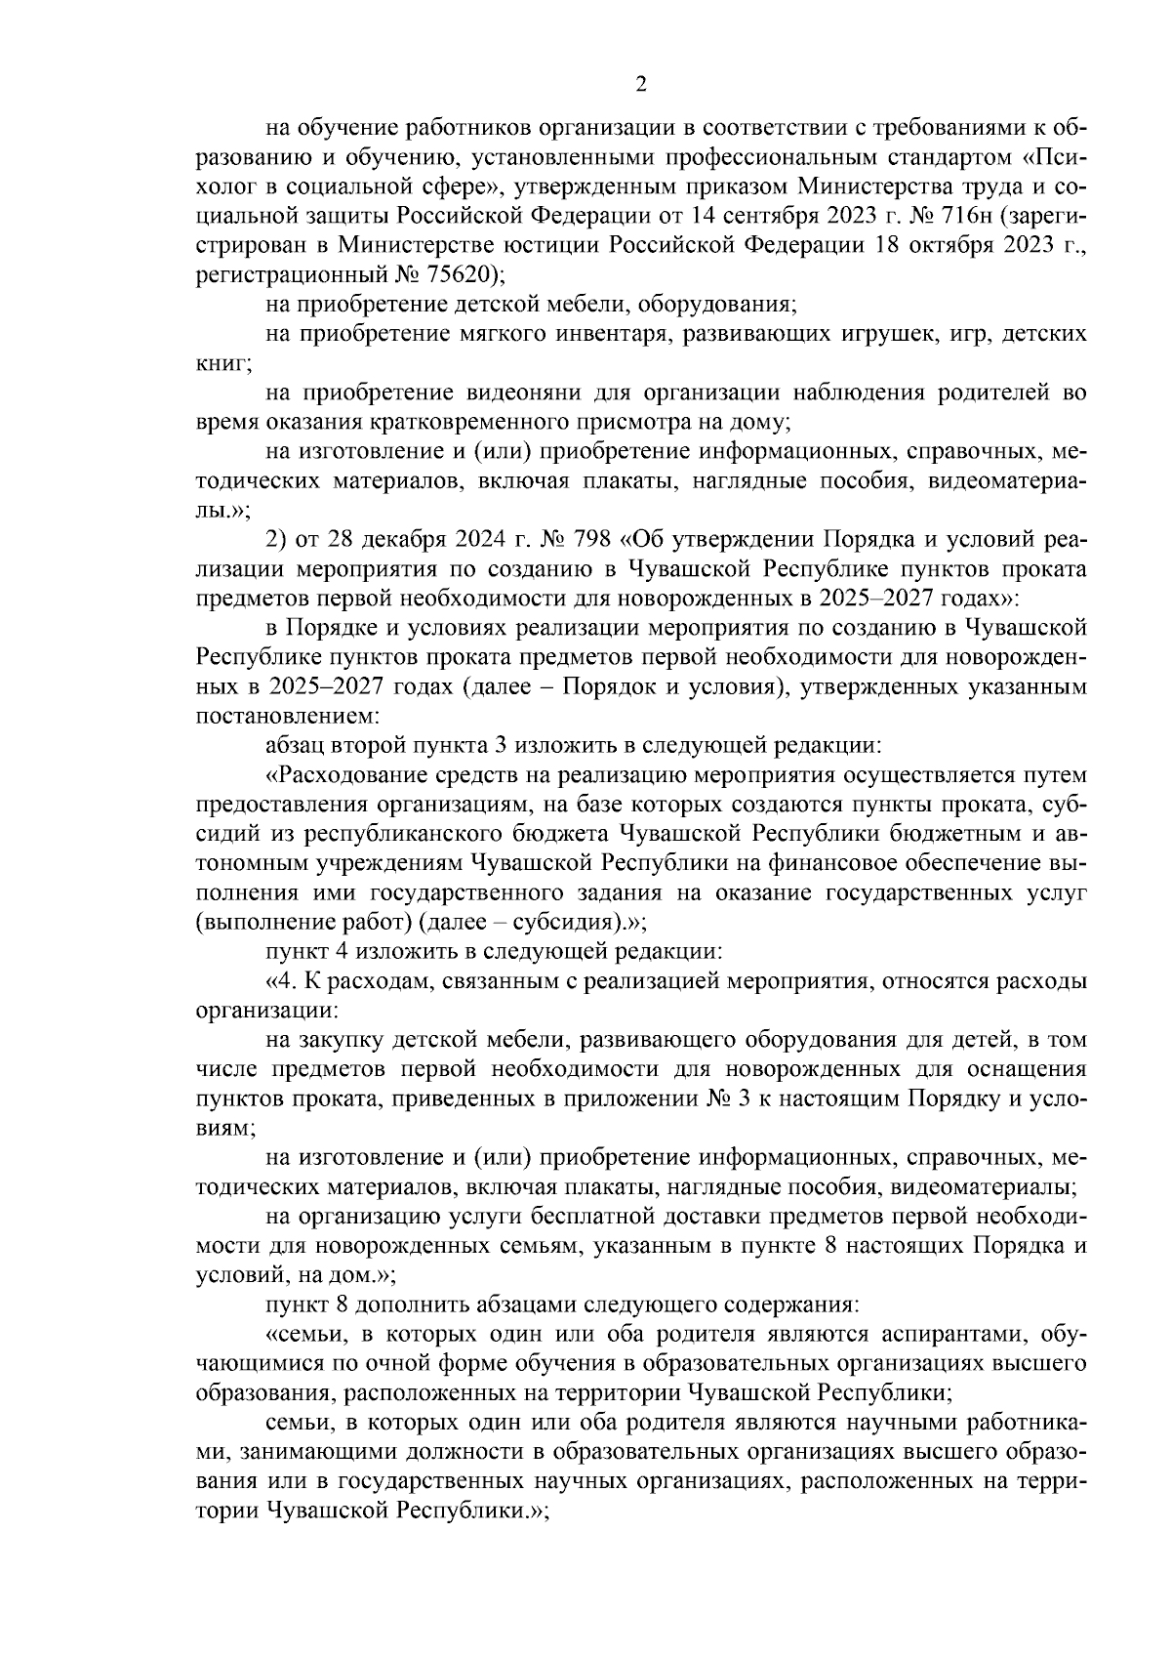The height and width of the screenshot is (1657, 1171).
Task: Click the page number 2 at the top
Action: [641, 85]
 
